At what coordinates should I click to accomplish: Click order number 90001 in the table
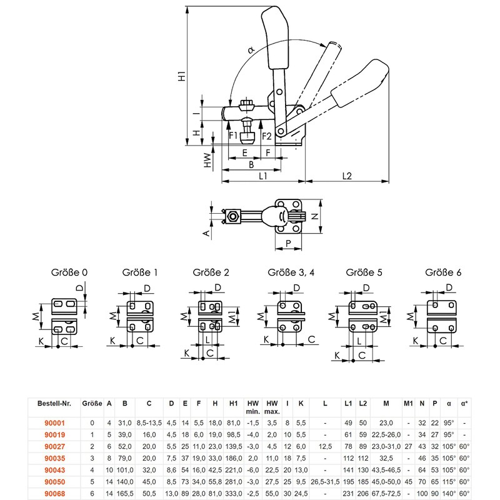[x=54, y=423]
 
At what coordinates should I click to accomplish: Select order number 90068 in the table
[x=54, y=494]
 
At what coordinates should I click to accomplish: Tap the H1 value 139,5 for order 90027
[x=233, y=446]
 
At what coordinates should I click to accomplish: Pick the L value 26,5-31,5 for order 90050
[x=325, y=482]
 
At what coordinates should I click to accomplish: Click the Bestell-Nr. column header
[x=54, y=403]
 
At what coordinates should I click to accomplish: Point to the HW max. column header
[x=272, y=407]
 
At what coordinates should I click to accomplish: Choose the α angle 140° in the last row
[x=449, y=494]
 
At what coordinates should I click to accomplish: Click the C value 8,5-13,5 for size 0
[x=149, y=423]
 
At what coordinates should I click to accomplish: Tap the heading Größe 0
[x=69, y=272]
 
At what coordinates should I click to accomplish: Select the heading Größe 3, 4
[x=291, y=272]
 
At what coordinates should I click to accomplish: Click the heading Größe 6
[x=443, y=272]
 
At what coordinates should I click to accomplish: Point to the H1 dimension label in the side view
[x=182, y=76]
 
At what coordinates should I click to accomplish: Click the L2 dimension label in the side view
[x=347, y=176]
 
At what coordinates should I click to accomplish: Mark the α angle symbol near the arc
[x=251, y=50]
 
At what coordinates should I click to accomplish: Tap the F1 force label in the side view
[x=233, y=136]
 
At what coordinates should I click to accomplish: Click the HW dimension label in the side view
[x=207, y=161]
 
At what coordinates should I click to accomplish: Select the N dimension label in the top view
[x=315, y=216]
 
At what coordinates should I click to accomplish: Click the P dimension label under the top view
[x=288, y=244]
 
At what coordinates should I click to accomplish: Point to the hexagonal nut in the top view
[x=233, y=217]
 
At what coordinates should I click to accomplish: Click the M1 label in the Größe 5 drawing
[x=384, y=317]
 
